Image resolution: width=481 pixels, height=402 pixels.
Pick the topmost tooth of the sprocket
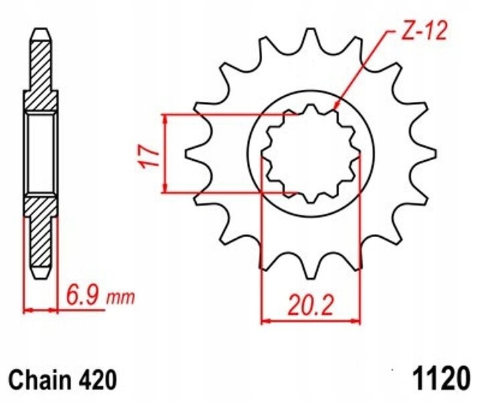pyautogui.click(x=310, y=37)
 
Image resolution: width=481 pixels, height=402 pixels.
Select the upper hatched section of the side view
pyautogui.click(x=41, y=74)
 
